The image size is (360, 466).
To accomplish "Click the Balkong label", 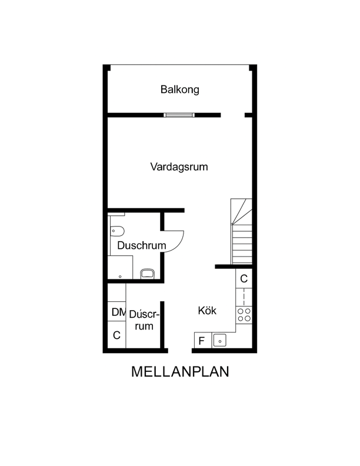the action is point(179,89).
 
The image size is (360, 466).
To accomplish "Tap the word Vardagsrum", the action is point(179,167).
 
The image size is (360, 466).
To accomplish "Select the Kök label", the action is point(207,311).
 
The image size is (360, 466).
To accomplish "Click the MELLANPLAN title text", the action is point(180,371).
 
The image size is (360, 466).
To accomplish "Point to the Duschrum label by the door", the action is point(142,245).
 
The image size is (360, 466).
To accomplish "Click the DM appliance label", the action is point(118,312).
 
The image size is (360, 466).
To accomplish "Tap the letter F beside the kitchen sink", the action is point(201,341).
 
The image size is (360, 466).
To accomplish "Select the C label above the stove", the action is point(244,279).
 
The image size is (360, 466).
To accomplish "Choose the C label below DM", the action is point(116,335).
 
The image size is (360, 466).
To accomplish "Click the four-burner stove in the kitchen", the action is point(244,315).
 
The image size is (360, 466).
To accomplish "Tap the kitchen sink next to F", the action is point(220,341).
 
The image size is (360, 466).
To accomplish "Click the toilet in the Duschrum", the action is point(117,231).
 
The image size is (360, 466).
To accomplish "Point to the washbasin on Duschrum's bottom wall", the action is point(147,274).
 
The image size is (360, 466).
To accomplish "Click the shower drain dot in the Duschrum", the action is point(120,277).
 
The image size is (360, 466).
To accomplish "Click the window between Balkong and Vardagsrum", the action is point(179,115).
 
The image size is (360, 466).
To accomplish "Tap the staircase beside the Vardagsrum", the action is point(242,231).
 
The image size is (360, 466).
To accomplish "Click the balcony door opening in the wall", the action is point(232,115).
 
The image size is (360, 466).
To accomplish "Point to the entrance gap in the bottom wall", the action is point(180,351).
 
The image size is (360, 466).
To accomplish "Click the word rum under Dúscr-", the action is point(144,326).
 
